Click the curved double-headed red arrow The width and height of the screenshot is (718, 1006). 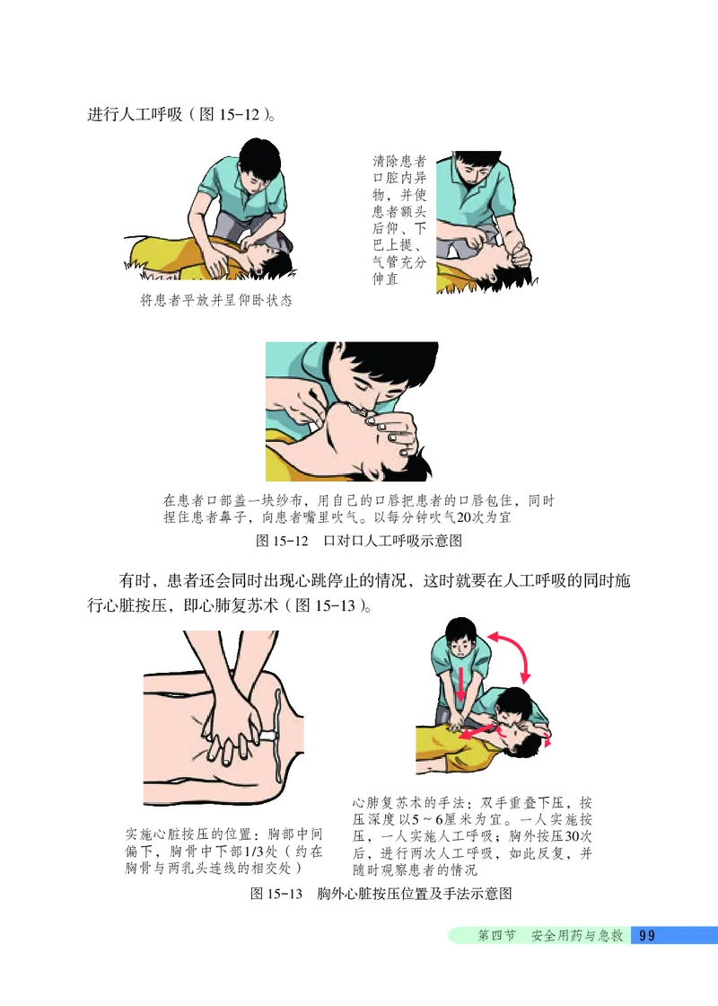513,653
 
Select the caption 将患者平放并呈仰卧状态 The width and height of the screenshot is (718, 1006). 215,300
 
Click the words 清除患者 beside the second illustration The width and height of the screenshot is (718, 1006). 398,163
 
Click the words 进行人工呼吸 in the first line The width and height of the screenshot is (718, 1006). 135,116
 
